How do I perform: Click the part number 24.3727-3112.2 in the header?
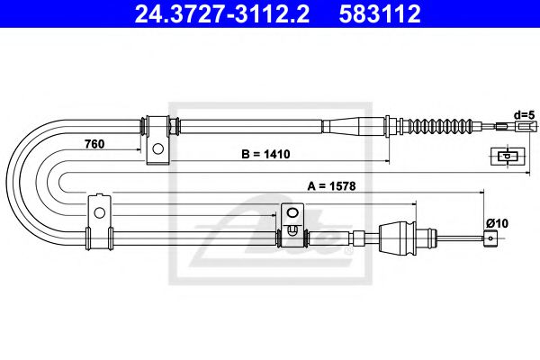218,14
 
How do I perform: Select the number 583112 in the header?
392,14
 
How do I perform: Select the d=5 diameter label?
525,114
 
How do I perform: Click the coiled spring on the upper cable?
440,125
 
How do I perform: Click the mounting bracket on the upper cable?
157,139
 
